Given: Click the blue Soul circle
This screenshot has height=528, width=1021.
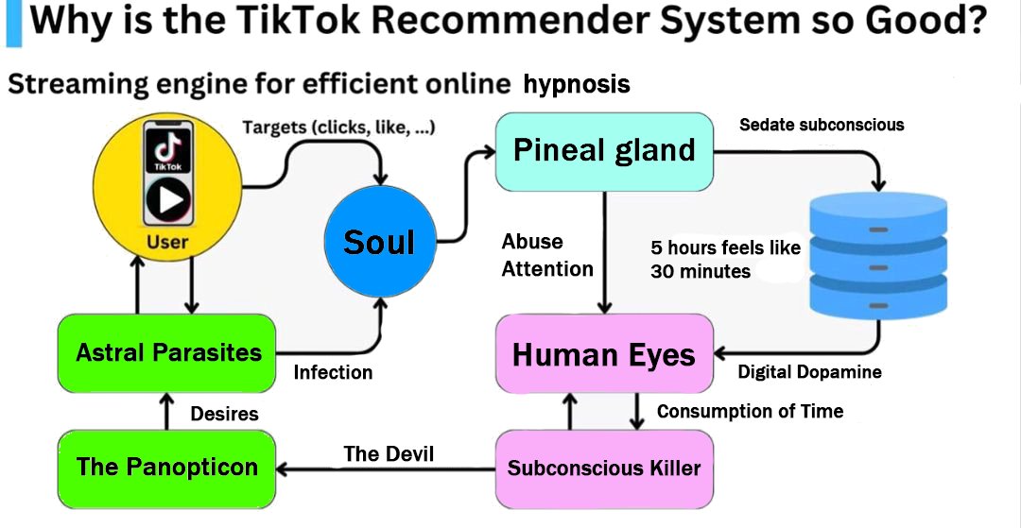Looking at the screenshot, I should click(x=379, y=242).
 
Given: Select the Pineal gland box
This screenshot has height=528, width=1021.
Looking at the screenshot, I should click(x=604, y=150).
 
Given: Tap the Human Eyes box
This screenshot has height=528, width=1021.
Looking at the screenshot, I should click(x=604, y=354).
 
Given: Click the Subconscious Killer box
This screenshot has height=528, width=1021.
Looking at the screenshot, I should click(x=604, y=468).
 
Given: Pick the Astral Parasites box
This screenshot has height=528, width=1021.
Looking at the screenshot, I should click(x=167, y=352).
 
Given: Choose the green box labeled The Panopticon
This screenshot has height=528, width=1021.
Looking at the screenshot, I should click(x=167, y=468).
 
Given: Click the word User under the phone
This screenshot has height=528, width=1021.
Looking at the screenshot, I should click(x=167, y=242).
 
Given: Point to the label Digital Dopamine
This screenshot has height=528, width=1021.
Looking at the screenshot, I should click(x=809, y=372).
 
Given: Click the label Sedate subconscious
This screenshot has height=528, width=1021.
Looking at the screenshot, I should click(x=822, y=125).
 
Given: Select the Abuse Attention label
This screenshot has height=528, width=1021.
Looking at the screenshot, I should click(x=546, y=255).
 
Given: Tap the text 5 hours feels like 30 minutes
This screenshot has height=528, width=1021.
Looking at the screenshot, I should click(x=724, y=260).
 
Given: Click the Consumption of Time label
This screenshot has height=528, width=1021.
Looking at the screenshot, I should click(x=750, y=411).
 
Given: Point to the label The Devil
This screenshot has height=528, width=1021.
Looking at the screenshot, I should click(x=389, y=454).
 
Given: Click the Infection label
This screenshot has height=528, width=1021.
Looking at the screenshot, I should click(x=333, y=372).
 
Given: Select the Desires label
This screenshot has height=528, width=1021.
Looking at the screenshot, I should click(x=224, y=413).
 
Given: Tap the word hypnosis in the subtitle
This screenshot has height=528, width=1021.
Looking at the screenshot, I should click(x=576, y=85).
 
